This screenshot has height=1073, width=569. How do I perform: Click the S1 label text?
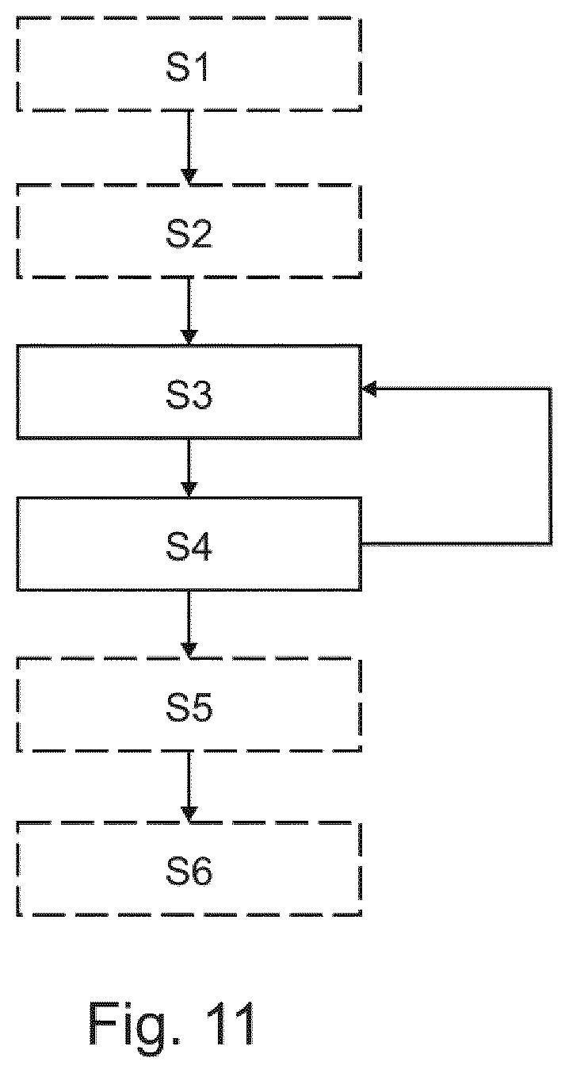(x=187, y=67)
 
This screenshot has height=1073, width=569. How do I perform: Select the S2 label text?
(x=189, y=234)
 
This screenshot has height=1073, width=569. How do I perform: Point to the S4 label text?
(x=189, y=547)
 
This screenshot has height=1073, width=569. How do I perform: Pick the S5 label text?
(x=189, y=708)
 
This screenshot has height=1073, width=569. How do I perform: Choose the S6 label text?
(x=189, y=872)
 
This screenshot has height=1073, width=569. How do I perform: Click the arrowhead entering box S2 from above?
(x=189, y=176)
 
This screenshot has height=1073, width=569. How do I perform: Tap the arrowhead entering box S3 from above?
(x=189, y=337)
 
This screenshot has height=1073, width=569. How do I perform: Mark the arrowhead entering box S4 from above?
(x=189, y=490)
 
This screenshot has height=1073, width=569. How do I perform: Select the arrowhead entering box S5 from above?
(x=189, y=650)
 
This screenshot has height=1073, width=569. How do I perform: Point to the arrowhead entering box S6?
(x=189, y=814)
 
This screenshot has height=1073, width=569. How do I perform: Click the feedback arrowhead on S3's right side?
(x=369, y=389)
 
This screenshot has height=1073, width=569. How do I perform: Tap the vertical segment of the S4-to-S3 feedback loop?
(x=550, y=466)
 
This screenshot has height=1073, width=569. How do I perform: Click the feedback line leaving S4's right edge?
(x=456, y=544)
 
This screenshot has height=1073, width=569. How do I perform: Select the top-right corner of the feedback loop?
(x=550, y=389)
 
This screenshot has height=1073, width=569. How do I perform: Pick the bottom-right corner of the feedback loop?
(x=550, y=544)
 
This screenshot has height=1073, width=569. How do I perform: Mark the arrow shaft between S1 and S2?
(x=189, y=140)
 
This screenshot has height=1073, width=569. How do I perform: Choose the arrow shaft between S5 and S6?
(x=189, y=780)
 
